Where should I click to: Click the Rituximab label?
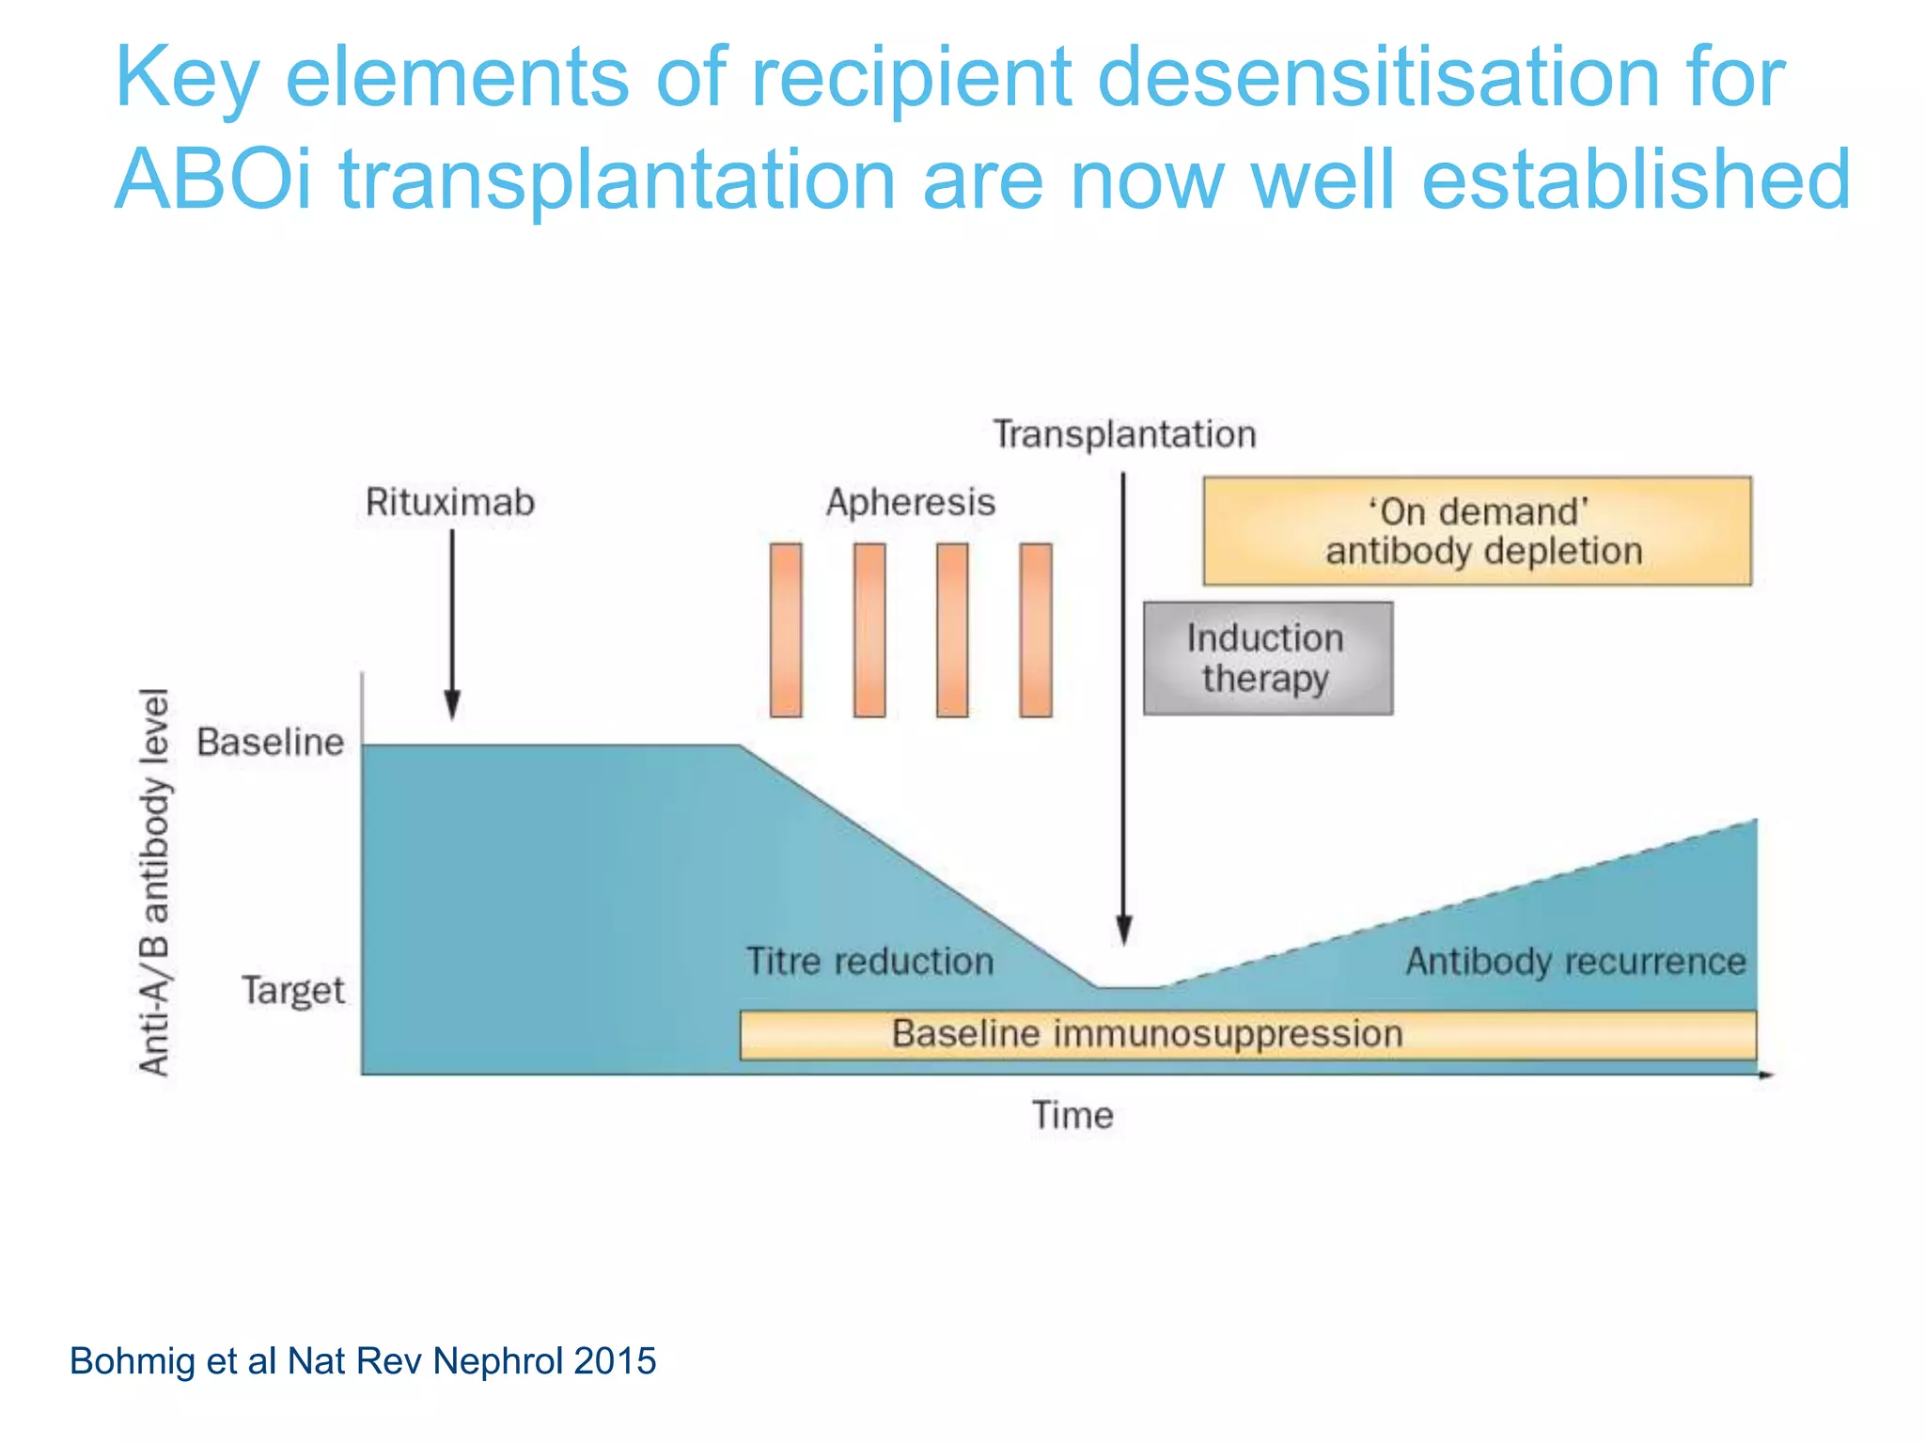pos(449,502)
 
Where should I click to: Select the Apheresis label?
pos(910,502)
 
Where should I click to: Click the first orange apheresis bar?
pos(786,630)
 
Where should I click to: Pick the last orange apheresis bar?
pos(1036,630)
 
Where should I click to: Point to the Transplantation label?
pos(1124,434)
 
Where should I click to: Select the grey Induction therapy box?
pos(1267,658)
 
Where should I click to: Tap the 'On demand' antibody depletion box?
pos(1478,531)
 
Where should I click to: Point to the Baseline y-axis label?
pos(271,743)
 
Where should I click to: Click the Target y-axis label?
pos(293,991)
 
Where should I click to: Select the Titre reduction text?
pos(869,962)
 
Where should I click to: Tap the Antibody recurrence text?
pos(1575,962)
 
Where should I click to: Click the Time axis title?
pos(1072,1115)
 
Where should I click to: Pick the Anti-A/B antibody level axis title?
pos(155,882)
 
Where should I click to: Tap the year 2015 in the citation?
pos(615,1361)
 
